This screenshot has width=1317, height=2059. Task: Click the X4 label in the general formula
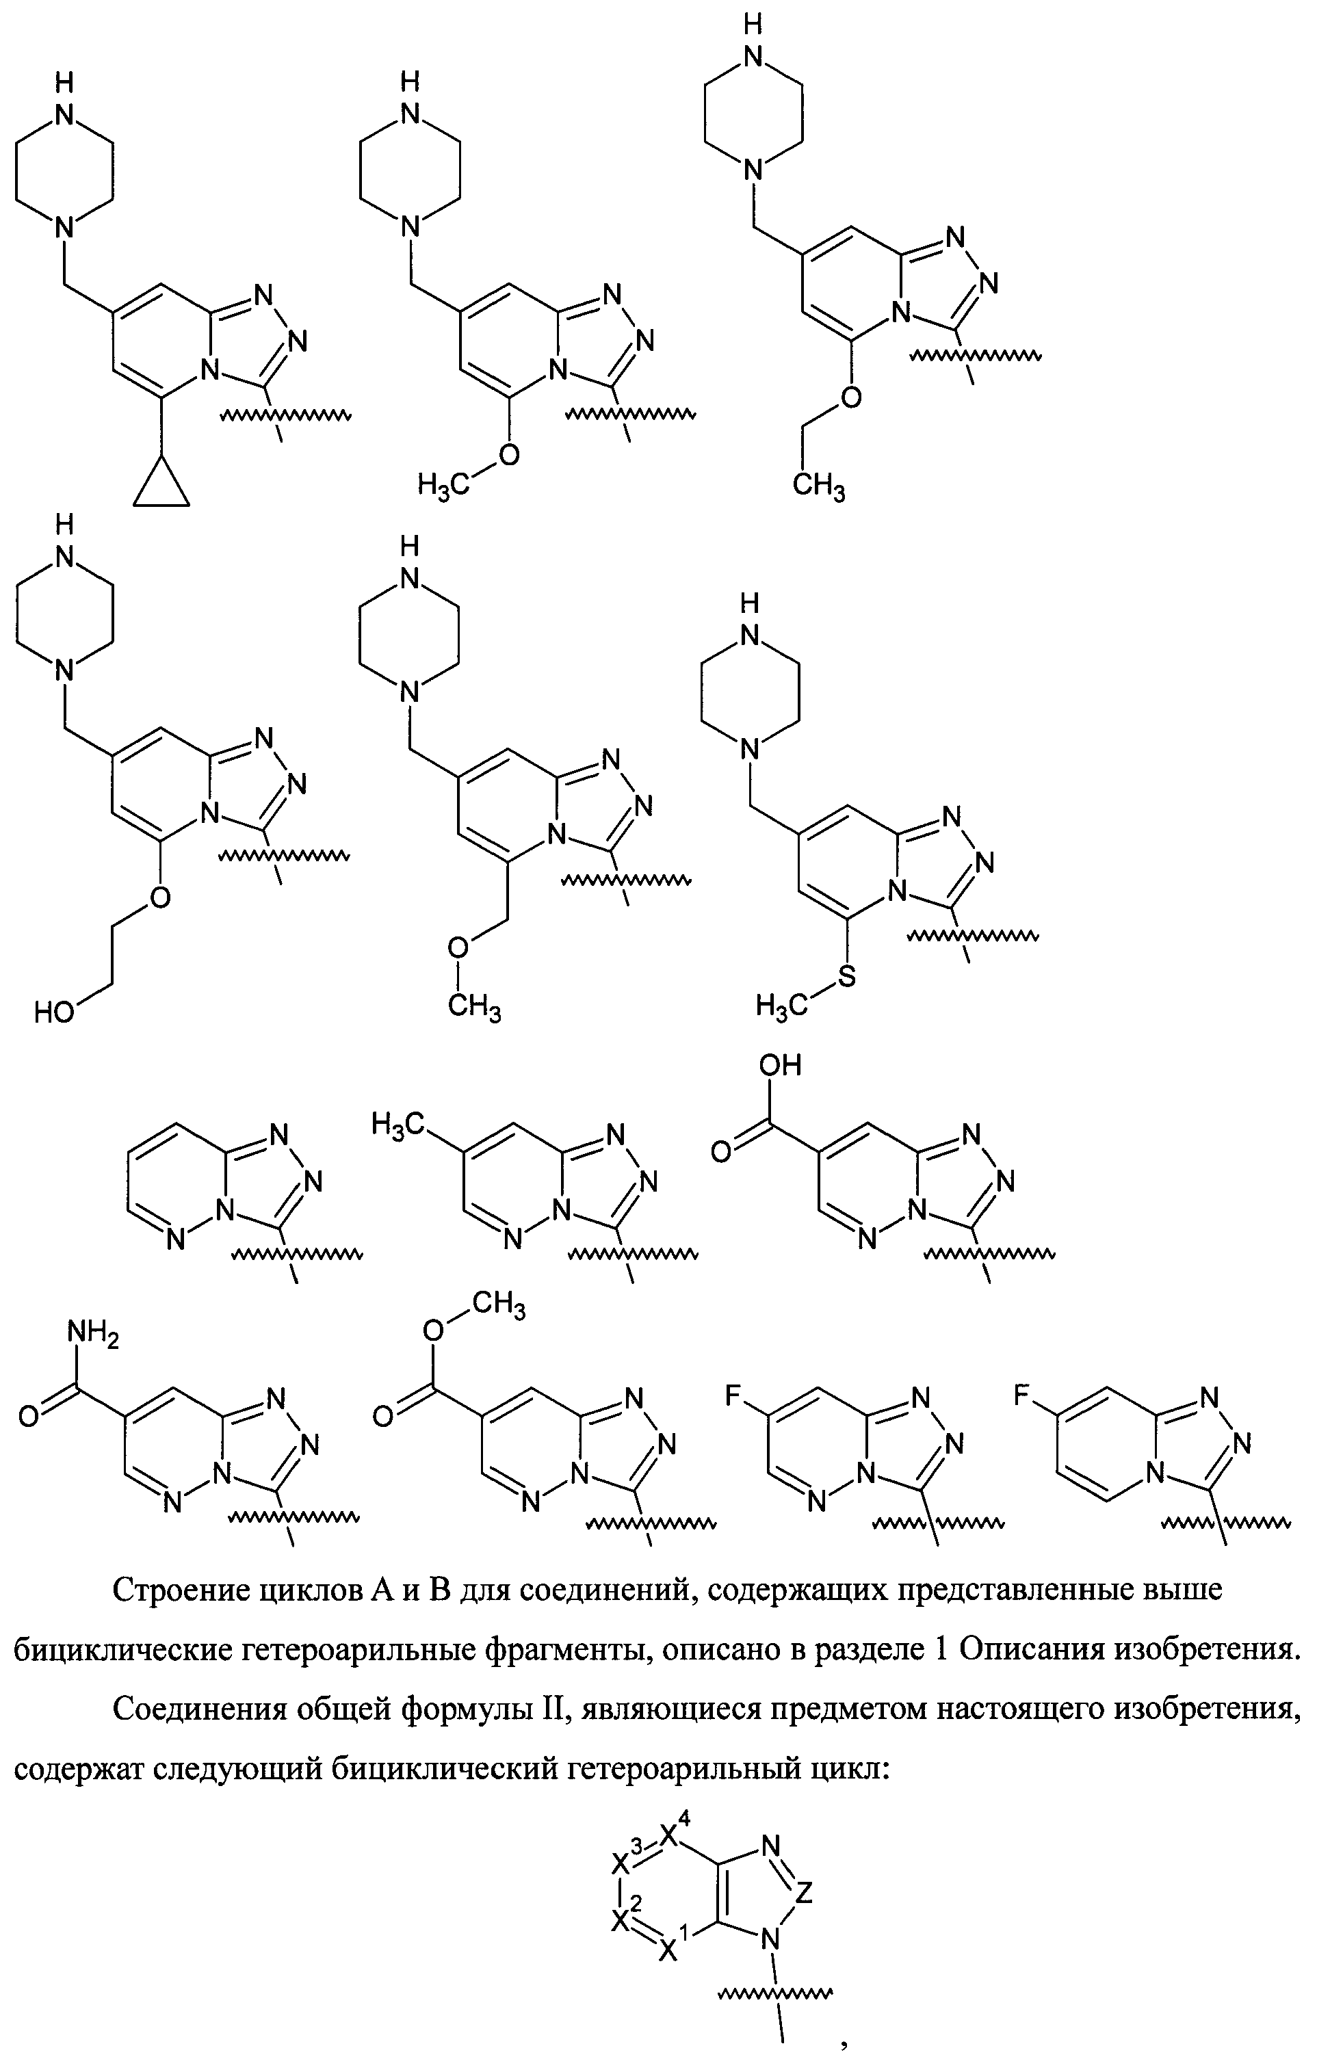(676, 1833)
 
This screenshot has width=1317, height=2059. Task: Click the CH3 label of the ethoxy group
(818, 488)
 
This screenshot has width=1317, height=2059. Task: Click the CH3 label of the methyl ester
(499, 1306)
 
